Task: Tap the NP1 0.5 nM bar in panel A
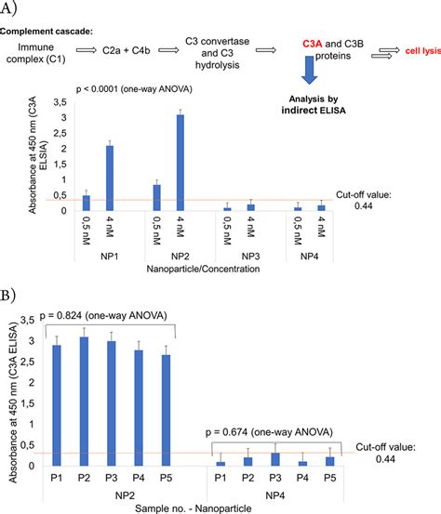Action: [x=87, y=203]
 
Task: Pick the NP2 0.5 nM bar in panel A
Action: [x=156, y=198]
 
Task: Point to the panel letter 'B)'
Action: [x=12, y=299]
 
